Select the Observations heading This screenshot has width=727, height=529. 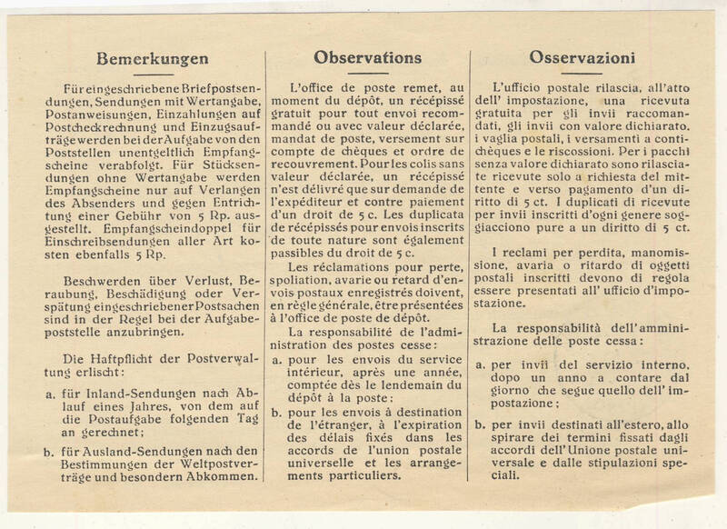pyautogui.click(x=360, y=56)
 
